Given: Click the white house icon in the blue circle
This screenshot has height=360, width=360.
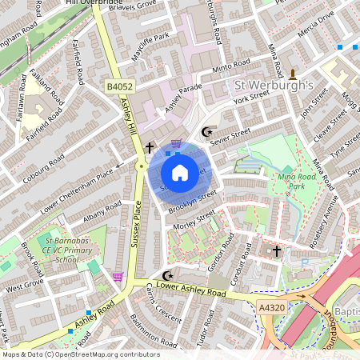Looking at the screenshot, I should tap(180, 172).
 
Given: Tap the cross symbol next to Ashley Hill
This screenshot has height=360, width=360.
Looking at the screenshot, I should tap(149, 148).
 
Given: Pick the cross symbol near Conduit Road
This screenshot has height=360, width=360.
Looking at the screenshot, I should tap(277, 251).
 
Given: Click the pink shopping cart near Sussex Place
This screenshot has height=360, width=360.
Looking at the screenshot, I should tap(118, 277).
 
